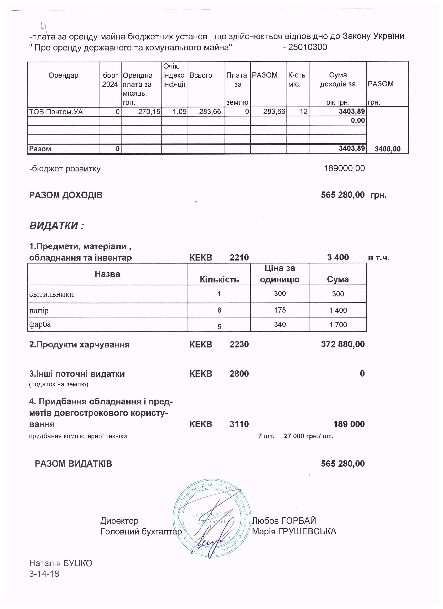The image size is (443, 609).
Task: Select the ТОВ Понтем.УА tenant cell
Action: (x=56, y=112)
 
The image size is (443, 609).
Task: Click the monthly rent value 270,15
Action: (x=149, y=112)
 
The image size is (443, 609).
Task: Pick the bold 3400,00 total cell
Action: (x=387, y=149)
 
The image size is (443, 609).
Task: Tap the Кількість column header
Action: (x=219, y=280)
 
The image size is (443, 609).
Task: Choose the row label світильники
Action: (x=52, y=294)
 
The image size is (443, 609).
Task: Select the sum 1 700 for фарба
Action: (x=338, y=325)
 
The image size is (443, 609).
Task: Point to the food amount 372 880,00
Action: (x=343, y=345)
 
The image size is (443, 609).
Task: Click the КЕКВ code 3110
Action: (x=239, y=424)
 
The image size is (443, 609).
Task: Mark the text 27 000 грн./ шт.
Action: (x=308, y=436)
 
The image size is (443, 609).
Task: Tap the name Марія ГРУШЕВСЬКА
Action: (x=294, y=531)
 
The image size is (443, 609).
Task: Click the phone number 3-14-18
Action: (x=44, y=574)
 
